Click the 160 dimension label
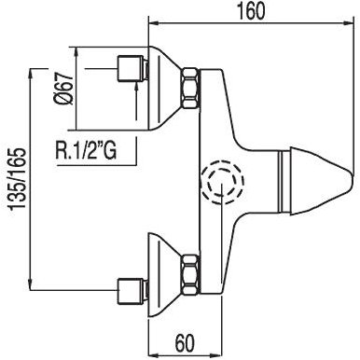point(252,11)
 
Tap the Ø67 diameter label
point(63,90)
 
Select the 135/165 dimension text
point(18,179)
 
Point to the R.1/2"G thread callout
point(86,151)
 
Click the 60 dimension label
point(185,343)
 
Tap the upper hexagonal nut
point(190,88)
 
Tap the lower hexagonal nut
point(190,274)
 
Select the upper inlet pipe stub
point(131,69)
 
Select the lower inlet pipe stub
point(131,291)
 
